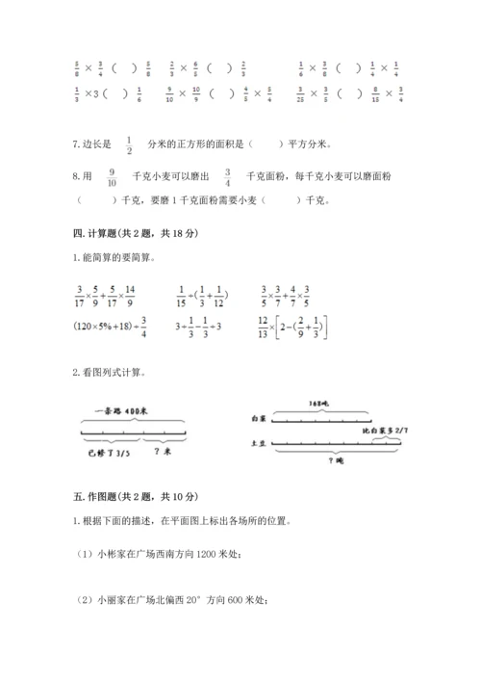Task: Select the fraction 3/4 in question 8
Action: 227,177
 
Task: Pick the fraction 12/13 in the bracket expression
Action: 265,327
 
